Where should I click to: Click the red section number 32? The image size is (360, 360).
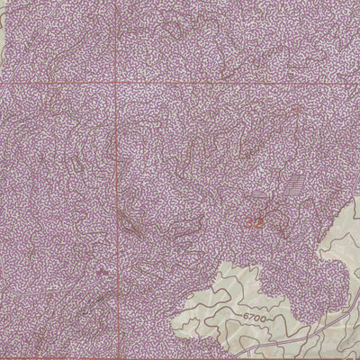click(x=255, y=220)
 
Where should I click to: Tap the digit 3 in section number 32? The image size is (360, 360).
click(x=250, y=220)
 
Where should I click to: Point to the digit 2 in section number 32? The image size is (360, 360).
click(x=259, y=220)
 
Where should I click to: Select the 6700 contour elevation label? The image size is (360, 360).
click(x=255, y=317)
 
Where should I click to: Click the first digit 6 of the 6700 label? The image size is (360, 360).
click(x=245, y=317)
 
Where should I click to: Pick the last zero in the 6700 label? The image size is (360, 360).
click(x=265, y=317)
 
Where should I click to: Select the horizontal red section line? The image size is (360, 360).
click(x=225, y=84)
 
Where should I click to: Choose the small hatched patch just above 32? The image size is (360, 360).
click(x=258, y=200)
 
